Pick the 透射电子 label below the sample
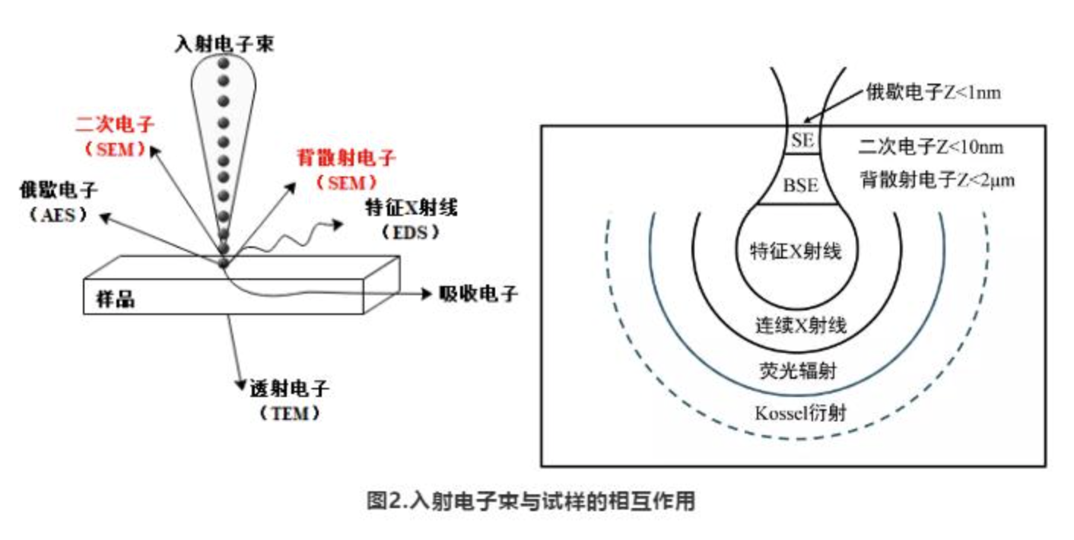pos(289,390)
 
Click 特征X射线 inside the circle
pos(796,251)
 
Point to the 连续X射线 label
pos(799,326)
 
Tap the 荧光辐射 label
pos(798,370)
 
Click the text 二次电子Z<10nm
pos(936,146)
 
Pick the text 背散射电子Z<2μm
pos(936,181)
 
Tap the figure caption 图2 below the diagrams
pos(531,502)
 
